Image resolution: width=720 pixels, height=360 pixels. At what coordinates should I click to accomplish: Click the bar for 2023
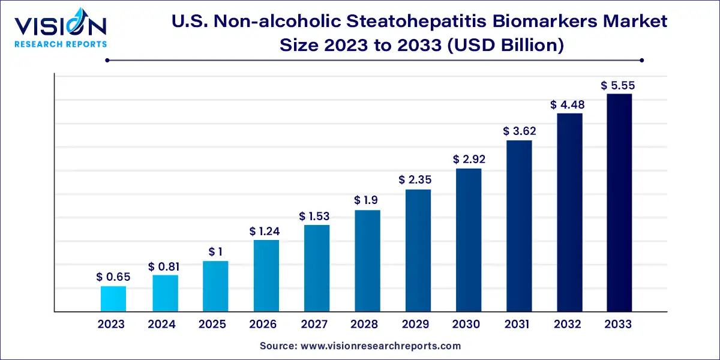(113, 299)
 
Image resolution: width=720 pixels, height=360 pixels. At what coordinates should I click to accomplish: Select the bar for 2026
(266, 276)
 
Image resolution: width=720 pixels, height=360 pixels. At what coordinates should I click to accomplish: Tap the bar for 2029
(418, 251)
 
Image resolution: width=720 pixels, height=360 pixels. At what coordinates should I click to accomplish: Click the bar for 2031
(519, 226)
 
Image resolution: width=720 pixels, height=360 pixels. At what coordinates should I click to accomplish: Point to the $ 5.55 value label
(618, 86)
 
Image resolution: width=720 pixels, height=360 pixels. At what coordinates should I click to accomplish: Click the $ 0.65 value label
(113, 277)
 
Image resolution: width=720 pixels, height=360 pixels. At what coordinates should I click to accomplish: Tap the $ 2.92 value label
(469, 160)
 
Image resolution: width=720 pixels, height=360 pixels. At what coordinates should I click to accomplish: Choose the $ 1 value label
(215, 251)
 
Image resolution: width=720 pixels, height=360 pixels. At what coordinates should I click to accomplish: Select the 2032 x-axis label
(568, 325)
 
